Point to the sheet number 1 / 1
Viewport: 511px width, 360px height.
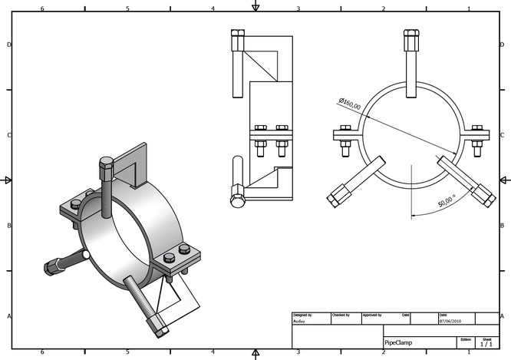486,345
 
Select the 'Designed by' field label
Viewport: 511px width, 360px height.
302,315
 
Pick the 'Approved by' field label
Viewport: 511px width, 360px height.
372,315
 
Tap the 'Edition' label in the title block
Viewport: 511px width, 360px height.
465,339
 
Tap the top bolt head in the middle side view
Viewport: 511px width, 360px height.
237,35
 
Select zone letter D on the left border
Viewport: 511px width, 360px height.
8,45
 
